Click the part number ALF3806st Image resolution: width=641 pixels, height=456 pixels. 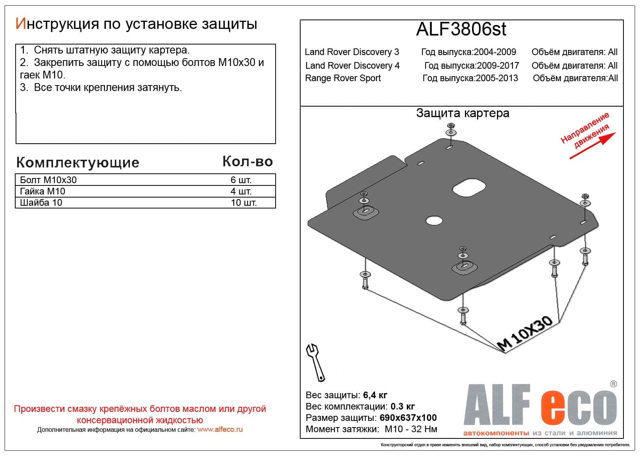pos(461,29)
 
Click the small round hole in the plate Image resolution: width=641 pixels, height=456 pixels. pos(434,221)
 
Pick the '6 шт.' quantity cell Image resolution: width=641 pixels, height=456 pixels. pos(241,180)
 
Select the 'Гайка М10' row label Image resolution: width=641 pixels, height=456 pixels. pos(43,191)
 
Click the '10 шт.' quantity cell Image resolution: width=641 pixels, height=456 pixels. pos(243,203)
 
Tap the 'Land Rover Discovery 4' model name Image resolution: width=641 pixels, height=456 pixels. pos(352,66)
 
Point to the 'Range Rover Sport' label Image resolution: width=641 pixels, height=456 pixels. pos(343,78)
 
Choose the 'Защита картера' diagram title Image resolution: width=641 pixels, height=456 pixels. pos(463,113)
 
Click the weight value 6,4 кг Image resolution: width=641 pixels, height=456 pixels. pos(375,395)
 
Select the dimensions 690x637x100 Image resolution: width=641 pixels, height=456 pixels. pos(408,418)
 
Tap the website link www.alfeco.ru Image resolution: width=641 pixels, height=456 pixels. pos(220,429)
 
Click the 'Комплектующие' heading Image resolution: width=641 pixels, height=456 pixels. pos(78,162)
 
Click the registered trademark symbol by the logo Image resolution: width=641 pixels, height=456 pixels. pos(613,384)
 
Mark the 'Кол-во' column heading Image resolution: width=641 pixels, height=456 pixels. pos(247,162)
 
